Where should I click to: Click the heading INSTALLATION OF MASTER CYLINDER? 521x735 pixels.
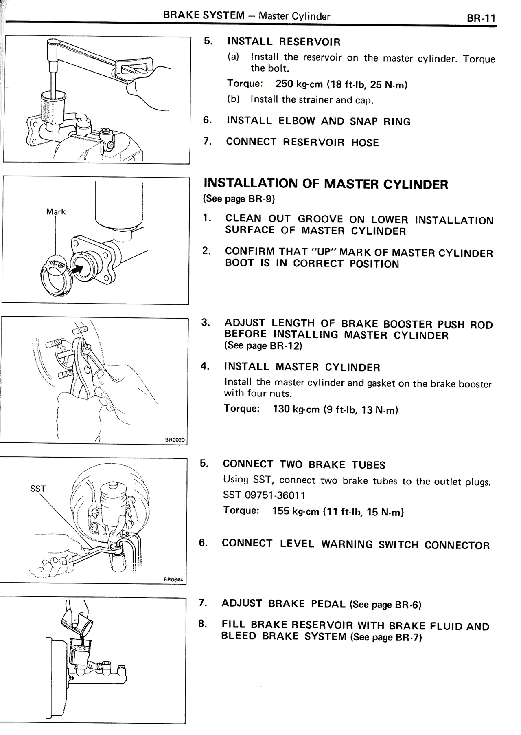[x=325, y=184]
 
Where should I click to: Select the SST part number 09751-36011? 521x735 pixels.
[x=264, y=495]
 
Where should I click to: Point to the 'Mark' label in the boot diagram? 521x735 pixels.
[x=56, y=212]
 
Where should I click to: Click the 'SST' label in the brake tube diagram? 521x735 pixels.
[x=38, y=489]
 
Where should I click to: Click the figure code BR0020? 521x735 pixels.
[x=175, y=440]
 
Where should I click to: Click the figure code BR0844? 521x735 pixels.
[x=175, y=580]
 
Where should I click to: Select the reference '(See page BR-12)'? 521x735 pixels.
[x=263, y=346]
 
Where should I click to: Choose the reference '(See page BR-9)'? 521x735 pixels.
[x=239, y=199]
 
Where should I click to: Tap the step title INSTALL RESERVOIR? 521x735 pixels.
[x=284, y=42]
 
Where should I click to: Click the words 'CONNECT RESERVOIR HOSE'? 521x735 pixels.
[x=302, y=142]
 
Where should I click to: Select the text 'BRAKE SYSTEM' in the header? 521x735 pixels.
[x=204, y=15]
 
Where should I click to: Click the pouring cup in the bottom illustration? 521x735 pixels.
[x=76, y=622]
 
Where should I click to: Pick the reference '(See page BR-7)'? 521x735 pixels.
[x=385, y=637]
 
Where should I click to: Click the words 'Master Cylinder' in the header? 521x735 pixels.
[x=294, y=16]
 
